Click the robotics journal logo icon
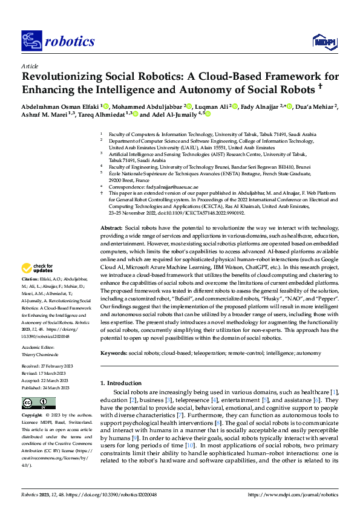click(x=31, y=41)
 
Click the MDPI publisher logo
click(x=324, y=41)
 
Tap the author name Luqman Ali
click(x=214, y=106)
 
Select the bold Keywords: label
click(x=114, y=352)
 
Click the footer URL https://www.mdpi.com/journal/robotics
click(x=293, y=494)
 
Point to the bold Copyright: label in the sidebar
click(x=32, y=416)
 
